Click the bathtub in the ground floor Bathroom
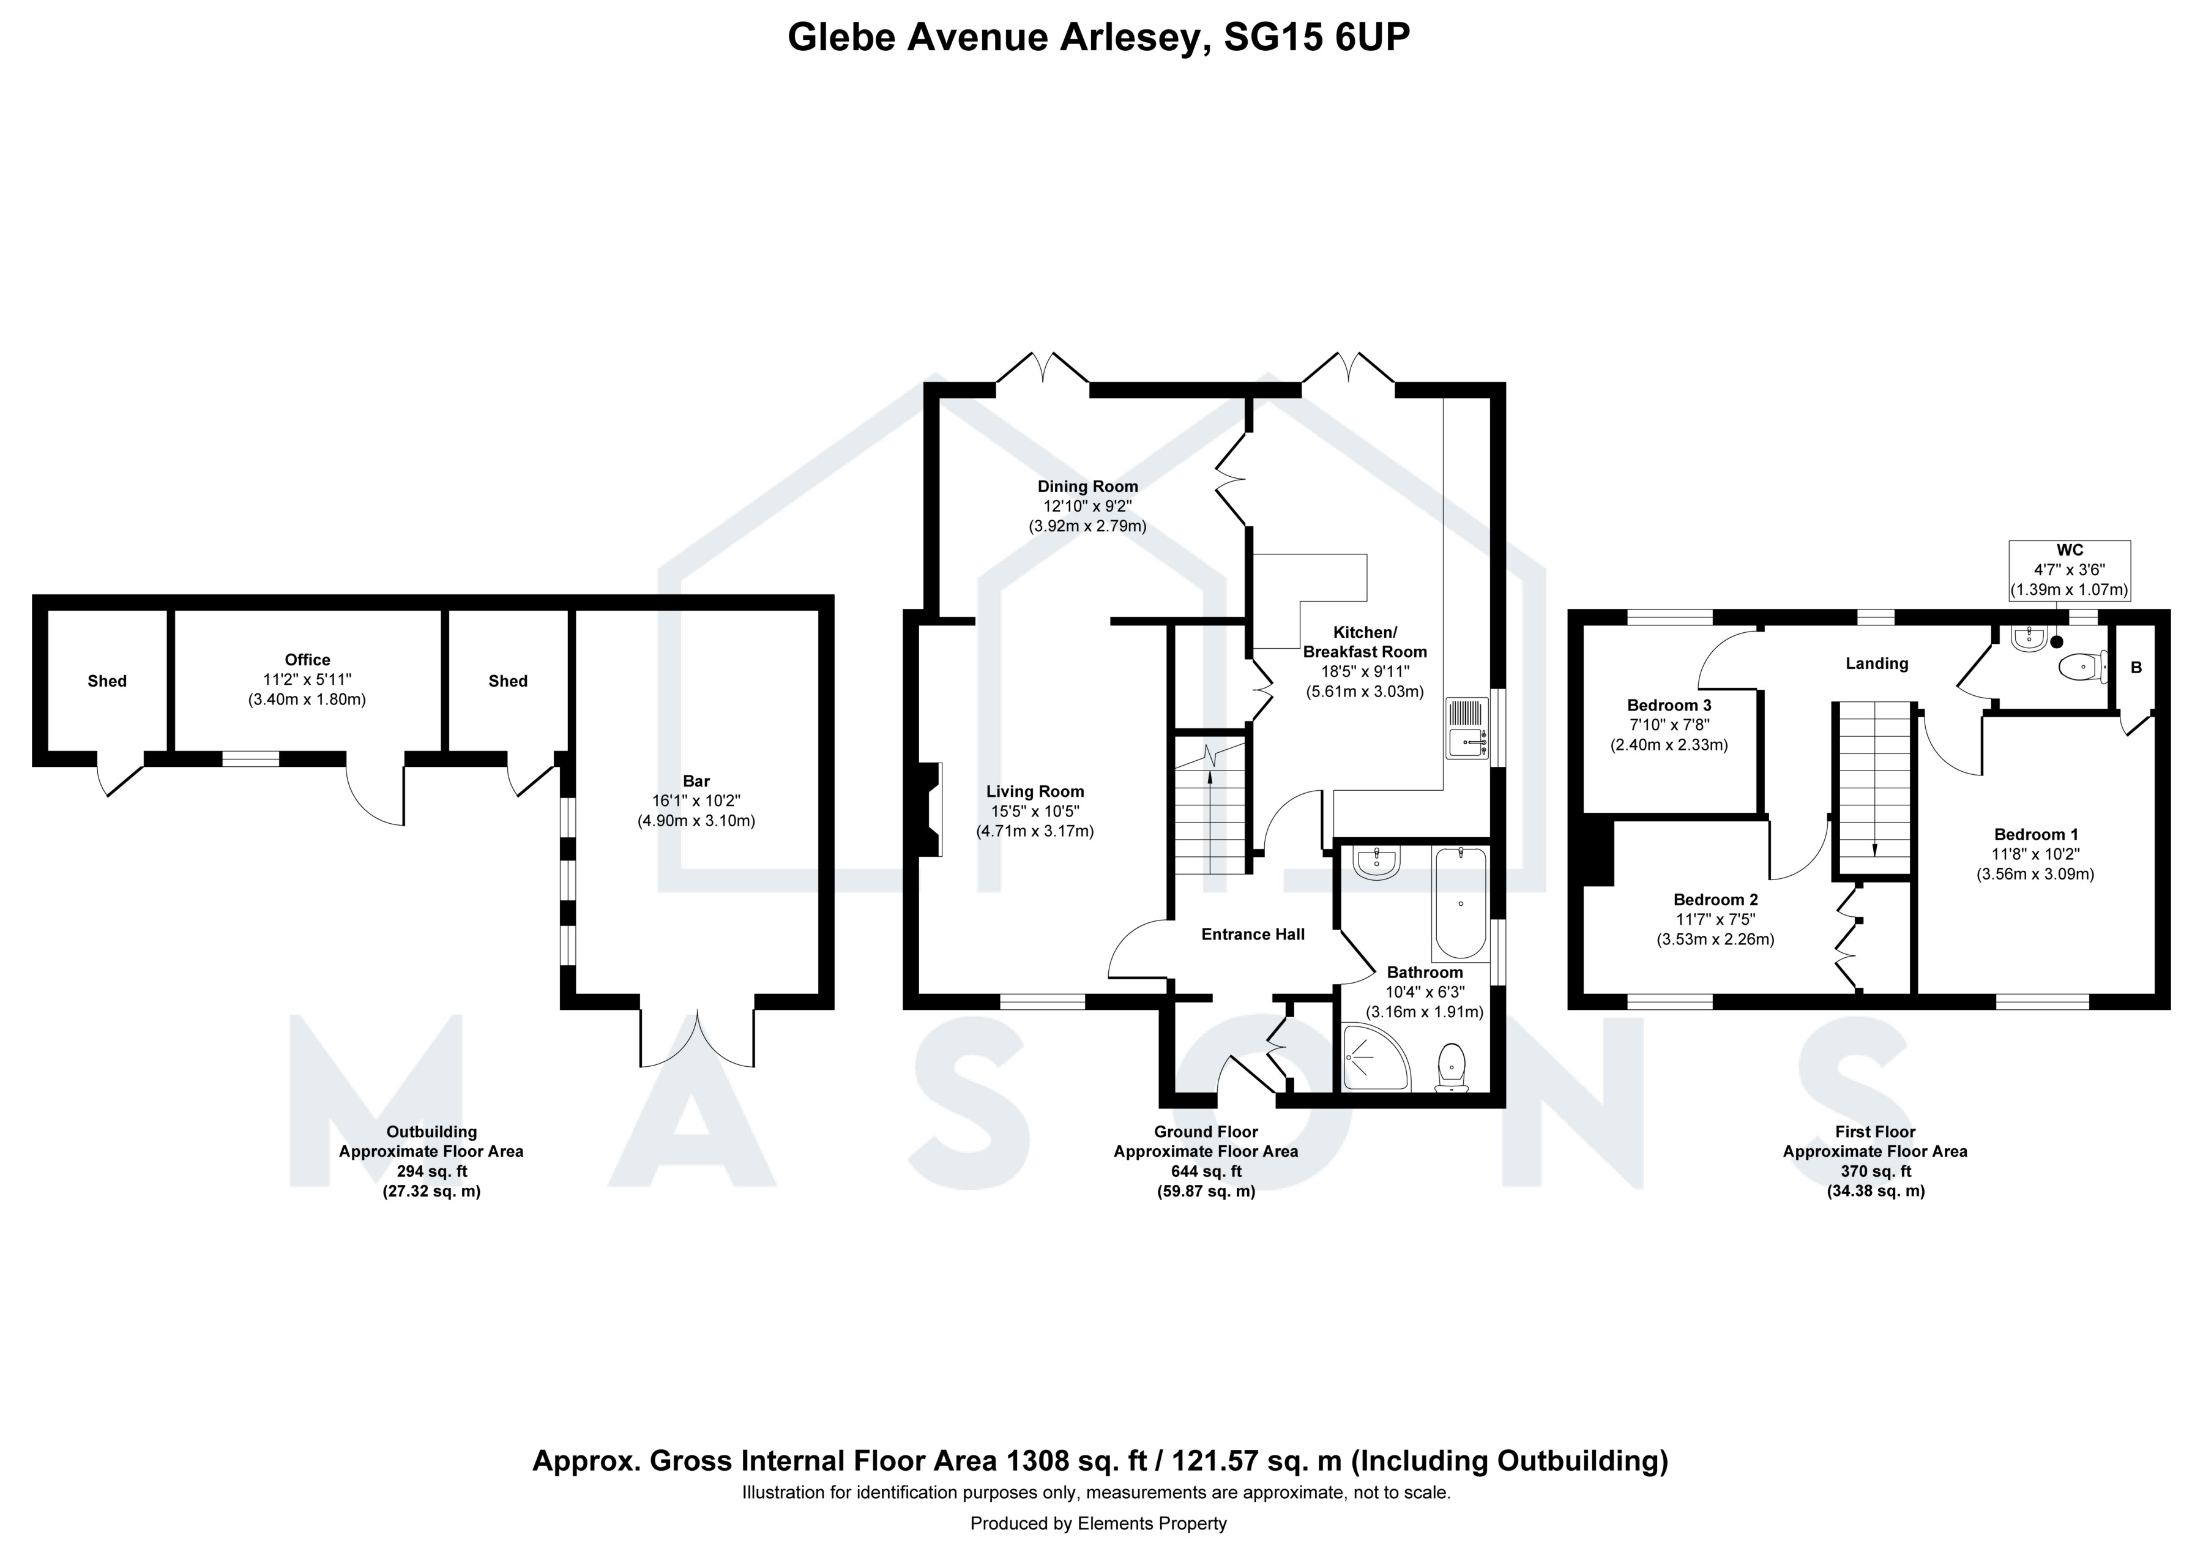1459,904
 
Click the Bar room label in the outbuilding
696,782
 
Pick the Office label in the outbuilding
307,660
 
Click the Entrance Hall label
1253,935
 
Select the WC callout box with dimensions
2070,571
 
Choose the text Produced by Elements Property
1098,1523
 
